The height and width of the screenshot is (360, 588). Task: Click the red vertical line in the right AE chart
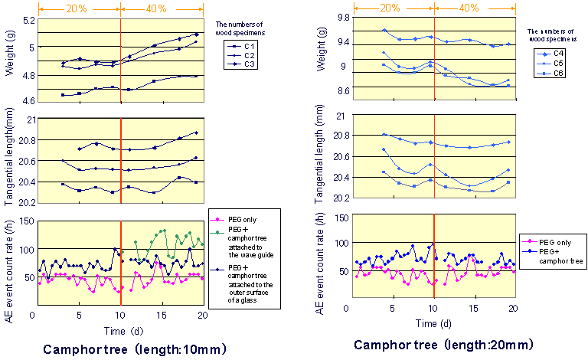(x=434, y=260)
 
